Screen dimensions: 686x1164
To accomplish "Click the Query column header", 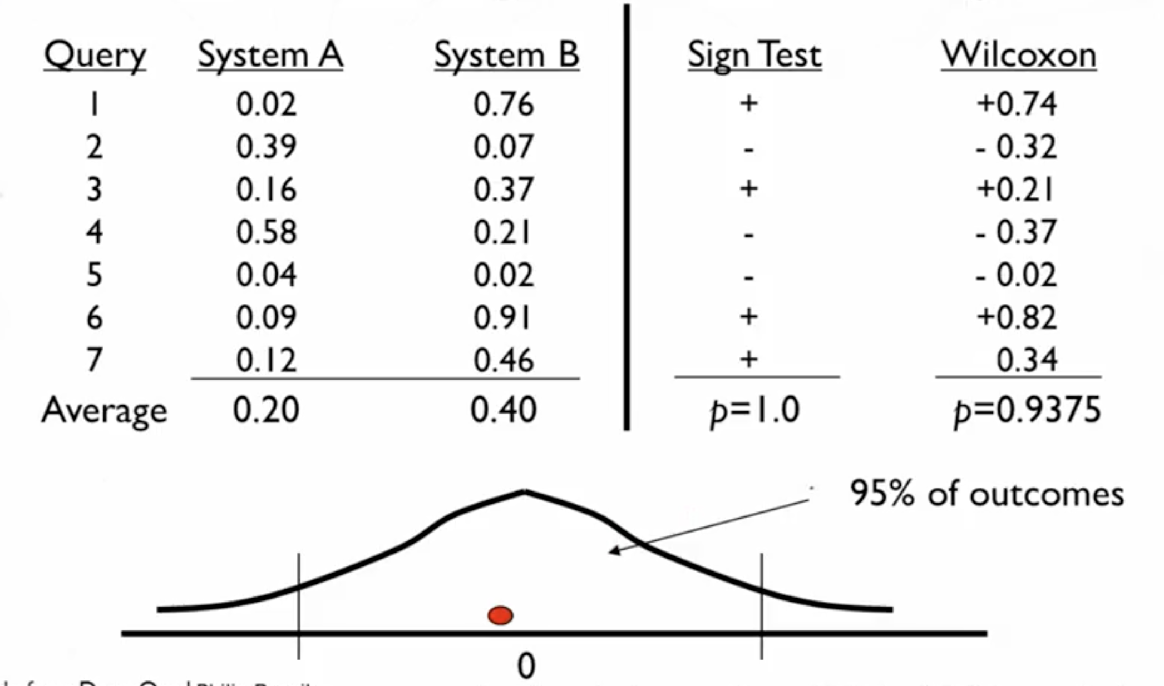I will (x=95, y=56).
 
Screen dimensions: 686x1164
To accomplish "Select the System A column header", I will (x=270, y=56).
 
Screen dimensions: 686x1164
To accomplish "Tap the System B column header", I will (x=506, y=56).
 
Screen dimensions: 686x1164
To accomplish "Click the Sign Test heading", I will (x=754, y=56).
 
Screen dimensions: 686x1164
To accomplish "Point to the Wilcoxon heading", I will (x=1019, y=56).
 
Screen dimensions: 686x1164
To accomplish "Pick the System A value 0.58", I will (x=267, y=232).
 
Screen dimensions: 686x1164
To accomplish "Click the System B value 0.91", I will (x=503, y=317).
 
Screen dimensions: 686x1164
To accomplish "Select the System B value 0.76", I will (x=504, y=104).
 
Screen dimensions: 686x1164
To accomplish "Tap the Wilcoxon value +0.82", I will (x=1017, y=317).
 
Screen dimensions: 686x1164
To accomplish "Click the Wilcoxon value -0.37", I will (x=1017, y=232).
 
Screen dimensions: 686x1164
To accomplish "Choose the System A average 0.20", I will (x=266, y=410).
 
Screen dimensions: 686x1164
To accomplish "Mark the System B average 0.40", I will (x=504, y=410).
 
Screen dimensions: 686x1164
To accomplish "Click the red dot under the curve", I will (x=500, y=615).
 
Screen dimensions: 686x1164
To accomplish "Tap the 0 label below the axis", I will (x=526, y=666).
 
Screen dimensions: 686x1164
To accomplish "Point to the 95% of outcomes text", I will (x=987, y=494).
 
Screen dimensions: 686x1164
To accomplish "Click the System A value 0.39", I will (x=267, y=147).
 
